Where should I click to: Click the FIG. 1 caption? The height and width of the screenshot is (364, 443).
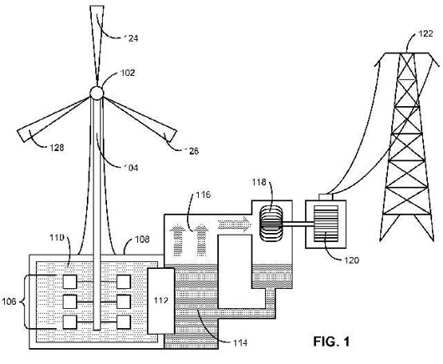coord(331,341)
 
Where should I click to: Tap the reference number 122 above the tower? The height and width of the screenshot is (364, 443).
coord(425,34)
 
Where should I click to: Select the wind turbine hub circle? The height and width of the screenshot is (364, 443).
coord(97,93)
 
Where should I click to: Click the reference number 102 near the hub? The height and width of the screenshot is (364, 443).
coord(128,73)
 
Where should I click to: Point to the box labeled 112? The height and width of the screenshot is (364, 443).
coord(160,301)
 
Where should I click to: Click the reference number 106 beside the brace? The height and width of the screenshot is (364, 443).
coord(8,301)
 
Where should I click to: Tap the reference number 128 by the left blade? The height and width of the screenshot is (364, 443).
coord(57,147)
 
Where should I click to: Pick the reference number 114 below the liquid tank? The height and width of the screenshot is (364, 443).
coord(240,343)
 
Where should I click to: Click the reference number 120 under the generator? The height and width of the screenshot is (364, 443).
coord(351,260)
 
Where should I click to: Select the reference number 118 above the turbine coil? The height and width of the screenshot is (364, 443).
coord(259,182)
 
